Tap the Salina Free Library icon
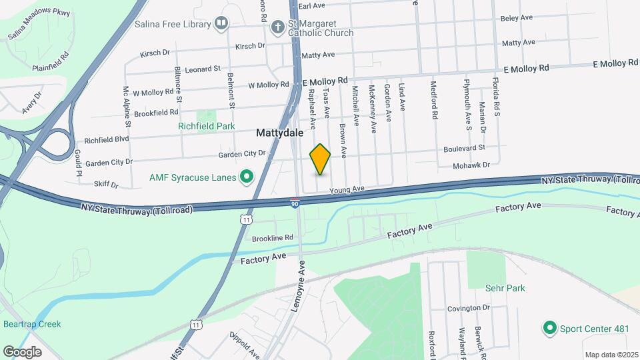coord(221,24)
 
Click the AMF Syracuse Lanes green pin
coord(247,177)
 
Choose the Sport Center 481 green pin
coord(549,328)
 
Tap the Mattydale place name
coord(280,133)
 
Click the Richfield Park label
coord(206,125)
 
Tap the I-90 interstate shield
coord(295,203)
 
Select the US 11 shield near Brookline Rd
coord(247,219)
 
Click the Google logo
coord(22,351)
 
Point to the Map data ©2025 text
coord(611,355)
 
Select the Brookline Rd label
coord(273,238)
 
